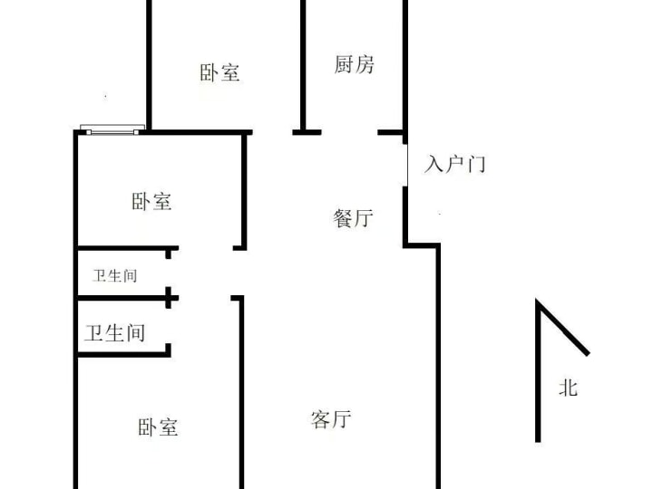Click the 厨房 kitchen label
pos(354,64)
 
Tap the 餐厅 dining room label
pos(353,218)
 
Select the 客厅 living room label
pos(331,419)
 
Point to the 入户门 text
pos(454,163)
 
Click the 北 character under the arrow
pos(568,388)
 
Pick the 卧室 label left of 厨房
pos(219,72)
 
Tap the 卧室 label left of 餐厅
pos(151,201)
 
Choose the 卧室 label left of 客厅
pos(158,427)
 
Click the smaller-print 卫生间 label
pos(114,275)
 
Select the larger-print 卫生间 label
pos(115,333)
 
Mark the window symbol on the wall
pos(112,129)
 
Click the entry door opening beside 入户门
pos(405,165)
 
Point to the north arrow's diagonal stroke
pos(563,327)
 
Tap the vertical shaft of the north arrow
pos(538,370)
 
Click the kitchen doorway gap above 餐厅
pos(349,132)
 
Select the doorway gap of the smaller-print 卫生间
pos(169,273)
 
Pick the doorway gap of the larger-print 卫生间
pos(169,326)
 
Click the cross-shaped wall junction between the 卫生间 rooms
pos(169,298)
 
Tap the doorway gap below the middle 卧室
pos(206,248)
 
